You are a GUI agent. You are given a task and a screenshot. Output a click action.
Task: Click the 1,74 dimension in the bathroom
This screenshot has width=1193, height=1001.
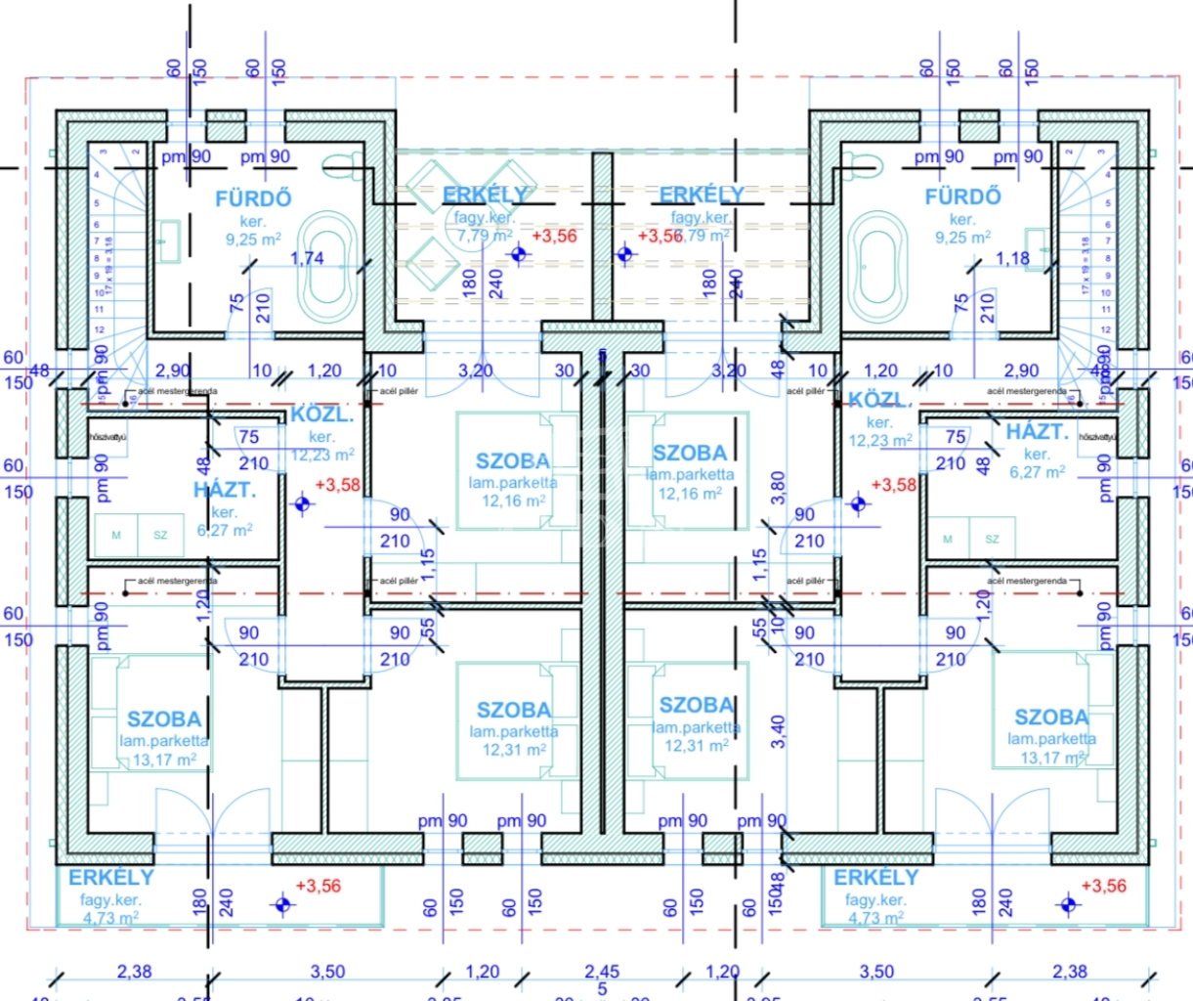307,258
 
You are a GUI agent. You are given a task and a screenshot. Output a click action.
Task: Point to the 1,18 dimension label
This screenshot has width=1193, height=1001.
1012,258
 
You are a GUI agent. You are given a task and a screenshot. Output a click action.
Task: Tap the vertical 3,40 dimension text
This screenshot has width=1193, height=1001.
778,731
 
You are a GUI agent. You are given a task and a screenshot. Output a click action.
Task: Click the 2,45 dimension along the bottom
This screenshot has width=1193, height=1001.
602,972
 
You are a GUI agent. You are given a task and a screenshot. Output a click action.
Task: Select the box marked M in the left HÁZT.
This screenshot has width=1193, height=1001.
116,535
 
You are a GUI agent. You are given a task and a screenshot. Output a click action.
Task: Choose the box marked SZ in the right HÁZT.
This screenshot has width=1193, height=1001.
992,539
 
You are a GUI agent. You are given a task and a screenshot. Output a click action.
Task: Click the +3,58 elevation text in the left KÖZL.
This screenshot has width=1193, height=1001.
337,485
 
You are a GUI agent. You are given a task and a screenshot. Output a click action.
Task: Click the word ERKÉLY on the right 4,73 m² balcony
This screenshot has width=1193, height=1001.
876,877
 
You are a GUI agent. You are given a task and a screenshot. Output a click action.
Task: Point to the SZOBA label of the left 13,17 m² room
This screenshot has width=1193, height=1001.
163,719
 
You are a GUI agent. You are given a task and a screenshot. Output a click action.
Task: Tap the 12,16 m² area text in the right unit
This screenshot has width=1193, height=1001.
690,495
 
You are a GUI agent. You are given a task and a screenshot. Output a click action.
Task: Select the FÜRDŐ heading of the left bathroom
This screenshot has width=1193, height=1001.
253,198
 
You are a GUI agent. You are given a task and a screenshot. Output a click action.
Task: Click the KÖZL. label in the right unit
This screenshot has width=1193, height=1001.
879,401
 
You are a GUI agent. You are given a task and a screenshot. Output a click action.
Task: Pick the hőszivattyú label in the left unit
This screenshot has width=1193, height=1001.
108,437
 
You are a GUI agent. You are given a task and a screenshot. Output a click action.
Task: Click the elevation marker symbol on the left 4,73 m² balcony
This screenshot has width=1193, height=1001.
283,904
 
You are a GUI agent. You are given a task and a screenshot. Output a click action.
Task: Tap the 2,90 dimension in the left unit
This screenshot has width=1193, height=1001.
173,370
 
